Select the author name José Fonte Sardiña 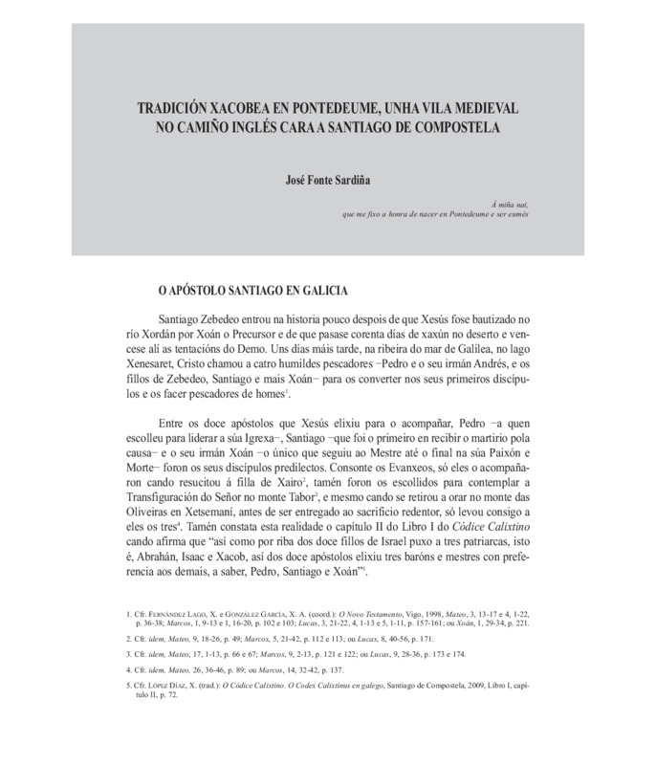click(324, 178)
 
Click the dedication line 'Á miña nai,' click(510, 205)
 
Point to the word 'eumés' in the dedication click(514, 215)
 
